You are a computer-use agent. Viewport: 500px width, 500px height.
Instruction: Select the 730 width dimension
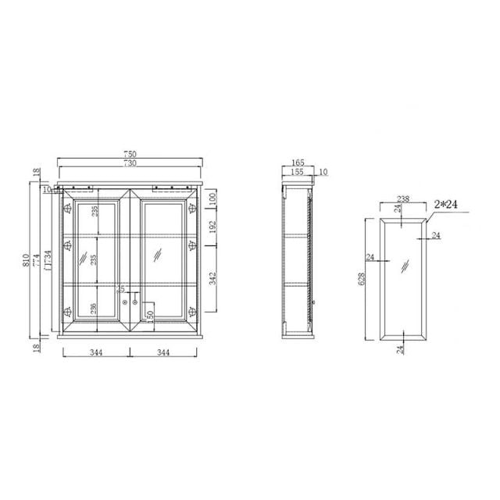point(131,163)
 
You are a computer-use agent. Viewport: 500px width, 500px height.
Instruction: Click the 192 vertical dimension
point(212,228)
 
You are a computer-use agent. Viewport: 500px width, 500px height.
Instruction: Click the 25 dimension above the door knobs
point(120,290)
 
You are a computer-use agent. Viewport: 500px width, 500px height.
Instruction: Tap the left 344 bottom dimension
point(95,354)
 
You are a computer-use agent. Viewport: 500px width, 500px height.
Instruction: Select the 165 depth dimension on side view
point(297,164)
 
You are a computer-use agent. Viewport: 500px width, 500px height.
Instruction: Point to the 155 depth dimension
point(297,172)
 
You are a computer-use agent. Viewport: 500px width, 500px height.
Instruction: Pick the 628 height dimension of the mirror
point(362,280)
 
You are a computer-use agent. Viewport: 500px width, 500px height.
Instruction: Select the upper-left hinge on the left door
point(67,209)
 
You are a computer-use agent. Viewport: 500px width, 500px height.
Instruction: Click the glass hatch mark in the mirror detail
point(403,266)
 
